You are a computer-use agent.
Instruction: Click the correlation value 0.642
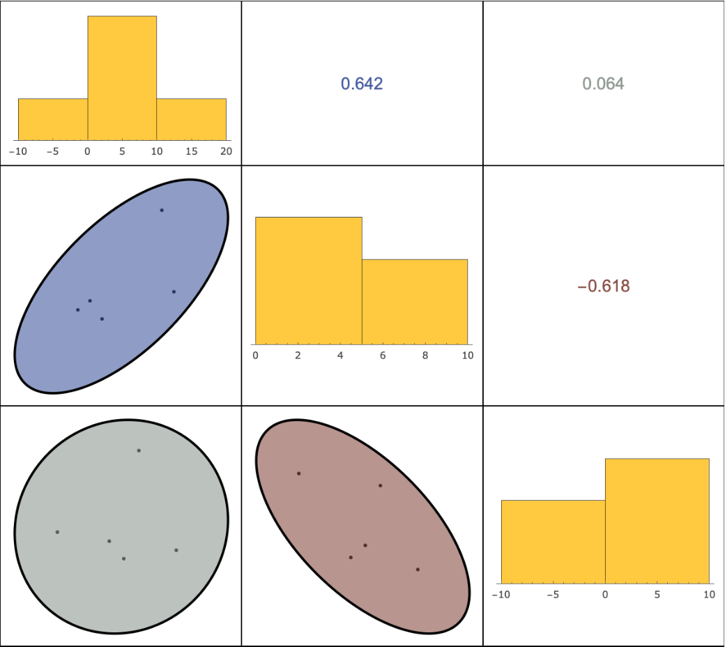point(362,84)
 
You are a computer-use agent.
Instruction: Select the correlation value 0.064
point(603,84)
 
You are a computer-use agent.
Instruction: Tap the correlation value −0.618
point(603,286)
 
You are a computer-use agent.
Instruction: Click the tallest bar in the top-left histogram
point(122,77)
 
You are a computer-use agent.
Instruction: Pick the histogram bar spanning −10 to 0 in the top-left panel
point(53,119)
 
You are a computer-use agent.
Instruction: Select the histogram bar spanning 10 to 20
point(191,119)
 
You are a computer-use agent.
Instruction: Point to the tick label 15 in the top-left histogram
point(192,151)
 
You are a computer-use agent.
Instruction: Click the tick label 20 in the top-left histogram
point(226,151)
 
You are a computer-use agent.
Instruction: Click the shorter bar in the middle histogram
point(415,302)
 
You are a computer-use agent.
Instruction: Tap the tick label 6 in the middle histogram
point(383,356)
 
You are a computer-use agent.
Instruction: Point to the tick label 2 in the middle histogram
point(298,356)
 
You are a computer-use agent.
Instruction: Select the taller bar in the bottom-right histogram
point(657,520)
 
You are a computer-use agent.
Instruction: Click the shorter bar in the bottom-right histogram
point(553,541)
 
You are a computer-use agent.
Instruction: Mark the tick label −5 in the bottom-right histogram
point(552,595)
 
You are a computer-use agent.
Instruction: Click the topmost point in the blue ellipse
point(162,210)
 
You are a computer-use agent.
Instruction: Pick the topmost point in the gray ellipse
point(139,450)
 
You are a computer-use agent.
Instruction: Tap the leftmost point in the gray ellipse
point(57,532)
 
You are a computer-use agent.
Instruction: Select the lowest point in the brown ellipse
point(418,570)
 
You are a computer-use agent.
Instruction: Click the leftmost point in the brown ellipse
point(298,473)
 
